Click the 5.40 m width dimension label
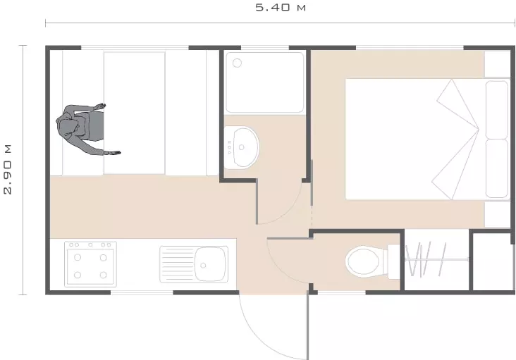281,8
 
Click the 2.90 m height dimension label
8,169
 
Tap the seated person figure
84,128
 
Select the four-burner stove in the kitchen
90,264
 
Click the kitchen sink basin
211,264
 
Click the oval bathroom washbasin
242,148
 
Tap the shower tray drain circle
237,63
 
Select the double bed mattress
415,139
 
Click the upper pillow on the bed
497,110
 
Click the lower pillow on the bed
497,168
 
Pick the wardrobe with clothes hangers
436,260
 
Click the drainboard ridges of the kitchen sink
178,264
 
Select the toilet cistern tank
393,261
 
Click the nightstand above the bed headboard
497,64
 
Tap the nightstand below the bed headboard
497,214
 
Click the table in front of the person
135,113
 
